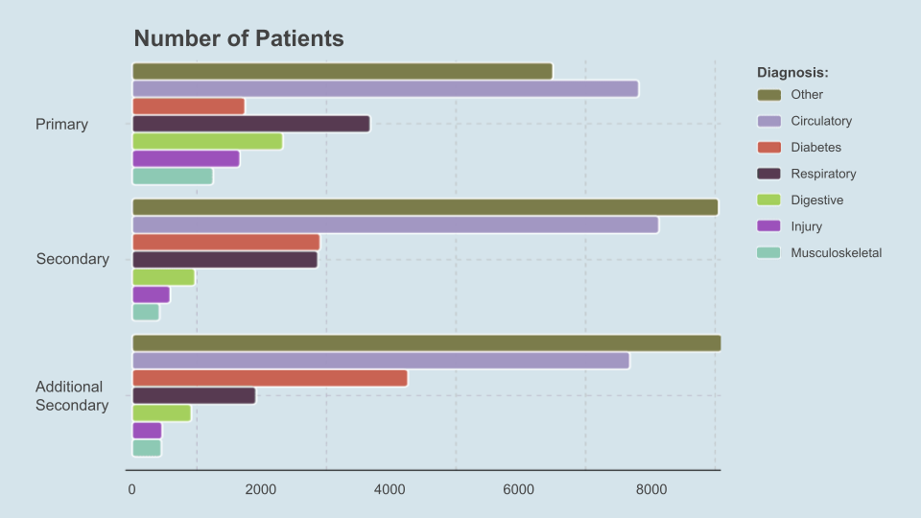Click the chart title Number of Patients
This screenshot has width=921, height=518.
click(x=239, y=38)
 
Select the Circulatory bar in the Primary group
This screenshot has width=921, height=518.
click(x=386, y=88)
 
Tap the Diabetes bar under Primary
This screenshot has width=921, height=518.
click(x=189, y=106)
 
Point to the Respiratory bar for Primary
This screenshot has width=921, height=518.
click(x=251, y=124)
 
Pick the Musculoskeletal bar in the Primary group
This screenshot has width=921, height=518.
click(x=173, y=177)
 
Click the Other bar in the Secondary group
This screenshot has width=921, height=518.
click(x=425, y=207)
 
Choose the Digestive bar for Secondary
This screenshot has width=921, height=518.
click(x=163, y=277)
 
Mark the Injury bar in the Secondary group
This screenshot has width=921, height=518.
click(x=151, y=294)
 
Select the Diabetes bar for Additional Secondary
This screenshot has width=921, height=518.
click(x=271, y=378)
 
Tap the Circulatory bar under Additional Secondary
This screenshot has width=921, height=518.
click(x=381, y=361)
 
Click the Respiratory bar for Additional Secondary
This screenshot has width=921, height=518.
click(x=194, y=396)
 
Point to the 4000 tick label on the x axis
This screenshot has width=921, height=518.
click(x=390, y=489)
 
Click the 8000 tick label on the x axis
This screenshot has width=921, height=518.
click(x=650, y=489)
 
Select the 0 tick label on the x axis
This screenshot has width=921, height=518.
click(x=131, y=489)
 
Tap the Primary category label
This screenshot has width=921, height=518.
click(x=61, y=125)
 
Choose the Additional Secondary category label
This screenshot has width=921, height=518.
click(x=72, y=396)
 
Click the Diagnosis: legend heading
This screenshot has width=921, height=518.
click(x=792, y=72)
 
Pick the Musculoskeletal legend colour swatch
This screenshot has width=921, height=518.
click(x=768, y=252)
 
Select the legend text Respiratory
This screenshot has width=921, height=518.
click(x=823, y=174)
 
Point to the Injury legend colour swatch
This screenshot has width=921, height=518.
click(x=768, y=226)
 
